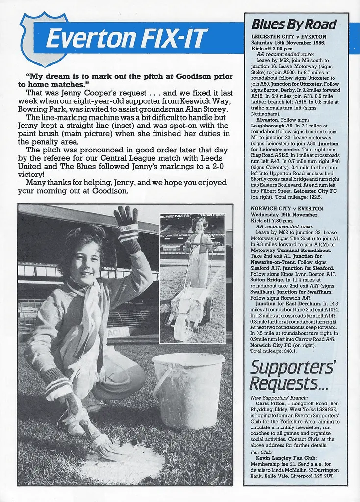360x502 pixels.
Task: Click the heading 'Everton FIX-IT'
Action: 127,38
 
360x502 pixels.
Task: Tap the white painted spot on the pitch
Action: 123,464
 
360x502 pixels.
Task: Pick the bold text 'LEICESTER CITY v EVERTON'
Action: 288,37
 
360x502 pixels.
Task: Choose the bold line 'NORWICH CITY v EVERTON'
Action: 287,208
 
